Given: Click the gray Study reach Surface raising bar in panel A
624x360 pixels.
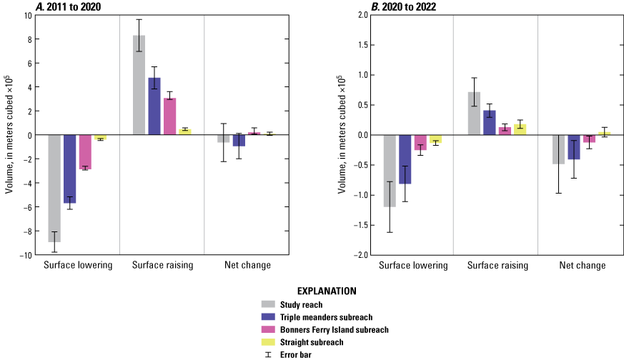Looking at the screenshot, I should coord(139,85).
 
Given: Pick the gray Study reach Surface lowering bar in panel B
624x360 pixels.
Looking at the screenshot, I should coord(390,171).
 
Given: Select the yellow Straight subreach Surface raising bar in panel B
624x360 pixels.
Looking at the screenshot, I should coord(520,129).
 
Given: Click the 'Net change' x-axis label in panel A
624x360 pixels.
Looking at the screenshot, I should coord(247,266).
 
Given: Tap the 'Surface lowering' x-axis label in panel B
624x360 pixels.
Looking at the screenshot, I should coord(413,266).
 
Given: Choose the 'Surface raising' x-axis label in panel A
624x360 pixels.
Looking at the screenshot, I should coord(162,266).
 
